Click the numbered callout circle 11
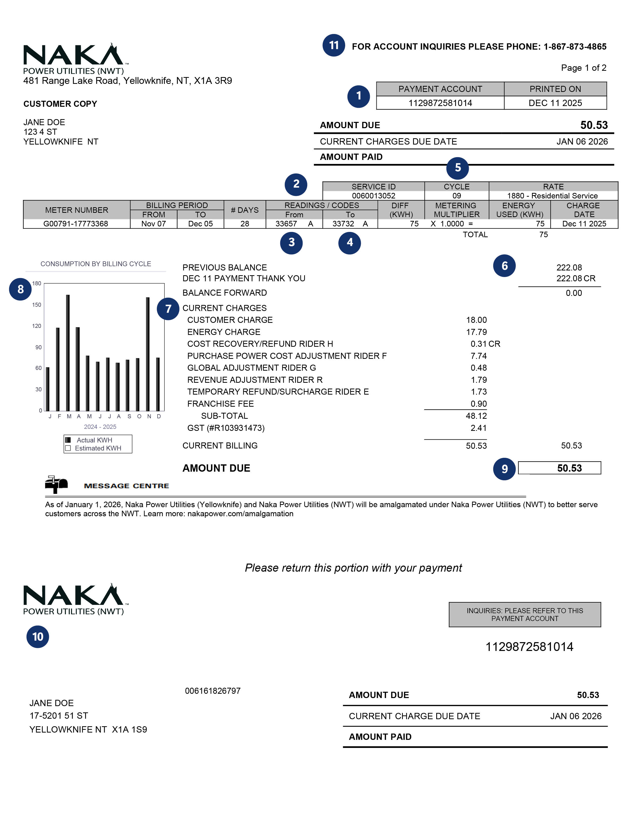tap(334, 45)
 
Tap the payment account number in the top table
tap(440, 103)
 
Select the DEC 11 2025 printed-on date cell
tap(555, 103)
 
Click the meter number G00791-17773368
tap(76, 224)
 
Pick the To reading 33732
tap(343, 224)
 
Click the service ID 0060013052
tap(373, 196)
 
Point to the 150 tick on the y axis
tap(37, 305)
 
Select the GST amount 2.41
tap(478, 428)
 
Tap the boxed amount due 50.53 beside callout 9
tap(569, 468)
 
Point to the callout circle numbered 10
tap(38, 637)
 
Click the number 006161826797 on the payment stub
tap(212, 690)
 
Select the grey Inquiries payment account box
tap(524, 614)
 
